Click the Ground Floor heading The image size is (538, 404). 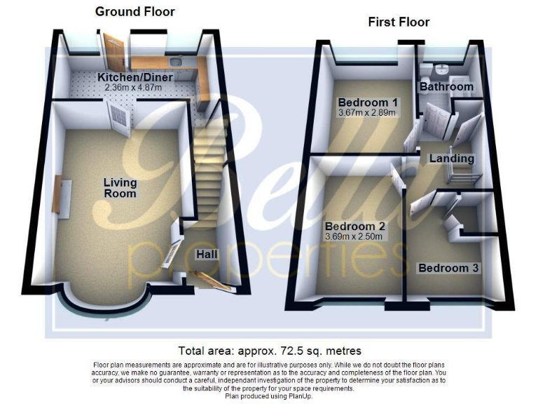pyautogui.click(x=134, y=11)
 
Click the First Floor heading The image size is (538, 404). pyautogui.click(x=399, y=22)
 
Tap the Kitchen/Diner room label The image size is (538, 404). pyautogui.click(x=135, y=76)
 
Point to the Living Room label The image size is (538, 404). pyautogui.click(x=120, y=188)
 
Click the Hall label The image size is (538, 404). pyautogui.click(x=206, y=254)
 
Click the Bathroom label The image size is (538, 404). pyautogui.click(x=446, y=87)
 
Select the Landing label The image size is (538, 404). pyautogui.click(x=452, y=159)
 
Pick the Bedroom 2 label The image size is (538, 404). pyautogui.click(x=355, y=227)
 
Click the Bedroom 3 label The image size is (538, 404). pyautogui.click(x=448, y=269)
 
